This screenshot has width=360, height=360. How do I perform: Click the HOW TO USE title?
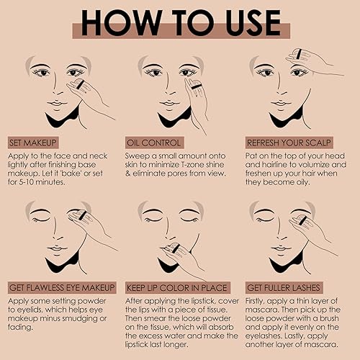coord(180,22)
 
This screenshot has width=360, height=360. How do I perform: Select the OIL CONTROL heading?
coord(154,142)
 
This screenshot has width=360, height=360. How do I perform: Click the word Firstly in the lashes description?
coord(262,299)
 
